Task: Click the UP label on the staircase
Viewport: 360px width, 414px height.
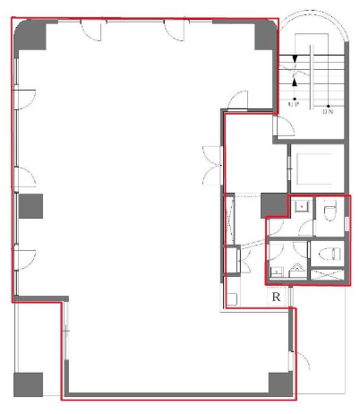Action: pos(294,104)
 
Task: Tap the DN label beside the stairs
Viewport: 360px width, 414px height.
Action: pos(328,112)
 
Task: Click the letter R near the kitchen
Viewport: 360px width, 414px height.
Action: pos(277,297)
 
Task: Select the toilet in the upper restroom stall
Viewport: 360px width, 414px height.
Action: pos(330,211)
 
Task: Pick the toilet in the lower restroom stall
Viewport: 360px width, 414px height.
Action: pos(330,254)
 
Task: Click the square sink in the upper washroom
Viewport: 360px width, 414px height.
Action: pos(302,206)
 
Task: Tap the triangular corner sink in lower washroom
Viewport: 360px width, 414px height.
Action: pos(296,271)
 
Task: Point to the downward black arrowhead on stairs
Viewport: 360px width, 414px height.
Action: pos(295,59)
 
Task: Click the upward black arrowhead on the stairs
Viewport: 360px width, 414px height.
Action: pos(295,82)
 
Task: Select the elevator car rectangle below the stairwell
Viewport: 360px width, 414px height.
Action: pos(313,169)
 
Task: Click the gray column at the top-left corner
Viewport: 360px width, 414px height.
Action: pos(30,34)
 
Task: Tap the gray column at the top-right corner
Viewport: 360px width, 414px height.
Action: pos(266,34)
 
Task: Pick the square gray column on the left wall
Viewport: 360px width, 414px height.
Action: pos(30,206)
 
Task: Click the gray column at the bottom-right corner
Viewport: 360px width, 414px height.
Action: pos(280,384)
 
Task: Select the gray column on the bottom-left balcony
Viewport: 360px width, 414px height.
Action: pos(29,384)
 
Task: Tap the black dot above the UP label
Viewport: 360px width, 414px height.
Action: pos(295,99)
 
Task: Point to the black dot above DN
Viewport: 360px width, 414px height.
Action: pos(329,106)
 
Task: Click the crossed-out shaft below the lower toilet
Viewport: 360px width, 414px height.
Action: pos(327,275)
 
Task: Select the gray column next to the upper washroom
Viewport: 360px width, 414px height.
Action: pos(274,205)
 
